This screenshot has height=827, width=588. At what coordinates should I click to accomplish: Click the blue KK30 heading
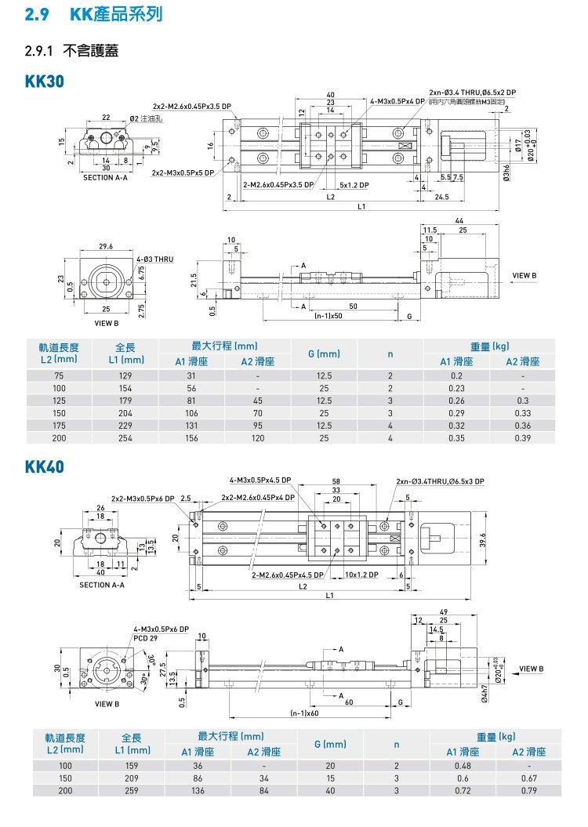44,81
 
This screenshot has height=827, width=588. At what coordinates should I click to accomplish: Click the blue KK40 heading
44,467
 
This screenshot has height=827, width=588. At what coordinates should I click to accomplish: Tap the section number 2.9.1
38,53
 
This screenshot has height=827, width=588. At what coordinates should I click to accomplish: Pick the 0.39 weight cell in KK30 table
523,437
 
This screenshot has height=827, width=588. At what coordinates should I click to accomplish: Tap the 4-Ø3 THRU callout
154,259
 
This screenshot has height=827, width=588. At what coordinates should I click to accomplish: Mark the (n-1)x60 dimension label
304,713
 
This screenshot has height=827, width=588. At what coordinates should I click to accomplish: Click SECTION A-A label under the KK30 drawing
105,178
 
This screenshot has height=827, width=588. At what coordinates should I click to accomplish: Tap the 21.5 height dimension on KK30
193,280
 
